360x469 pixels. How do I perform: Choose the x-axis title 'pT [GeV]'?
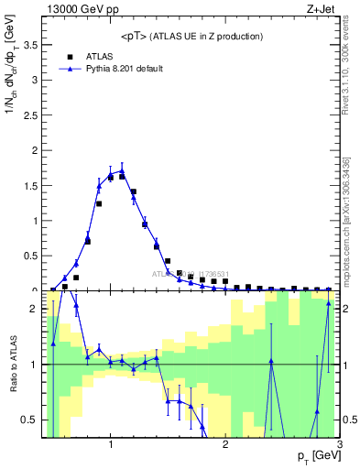coord(315,455)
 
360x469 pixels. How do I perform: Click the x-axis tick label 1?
coord(111,444)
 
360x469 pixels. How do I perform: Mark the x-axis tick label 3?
coord(339,444)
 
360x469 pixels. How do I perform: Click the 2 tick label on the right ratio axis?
coord(347,309)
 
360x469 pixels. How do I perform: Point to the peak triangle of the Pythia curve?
coord(122,170)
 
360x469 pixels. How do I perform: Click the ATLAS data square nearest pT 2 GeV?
coord(225,282)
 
